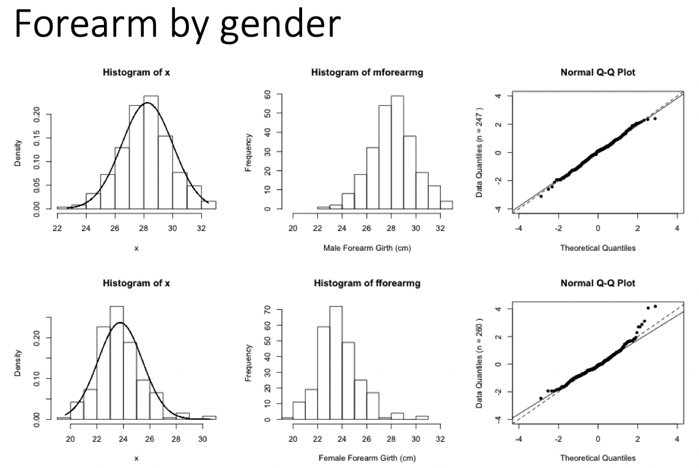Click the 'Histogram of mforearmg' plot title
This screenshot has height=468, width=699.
[x=367, y=73]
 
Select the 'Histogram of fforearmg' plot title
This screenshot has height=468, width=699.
[x=367, y=283]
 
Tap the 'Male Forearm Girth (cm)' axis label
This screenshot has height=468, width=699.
[x=367, y=248]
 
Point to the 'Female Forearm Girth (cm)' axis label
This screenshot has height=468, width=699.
[x=367, y=458]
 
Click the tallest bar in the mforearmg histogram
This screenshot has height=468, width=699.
[x=398, y=153]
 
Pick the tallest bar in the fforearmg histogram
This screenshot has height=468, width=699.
[x=336, y=363]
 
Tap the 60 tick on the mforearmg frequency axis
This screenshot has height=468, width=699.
[x=267, y=95]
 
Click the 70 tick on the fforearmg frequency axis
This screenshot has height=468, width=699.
[x=267, y=311]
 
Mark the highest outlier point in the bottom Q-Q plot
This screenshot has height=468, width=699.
[x=655, y=306]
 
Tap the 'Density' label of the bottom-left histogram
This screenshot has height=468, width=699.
[x=18, y=363]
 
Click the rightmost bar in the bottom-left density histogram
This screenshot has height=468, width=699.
[x=209, y=417]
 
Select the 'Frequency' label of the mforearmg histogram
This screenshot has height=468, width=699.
[x=248, y=152]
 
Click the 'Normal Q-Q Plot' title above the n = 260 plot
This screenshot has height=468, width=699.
[x=597, y=283]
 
